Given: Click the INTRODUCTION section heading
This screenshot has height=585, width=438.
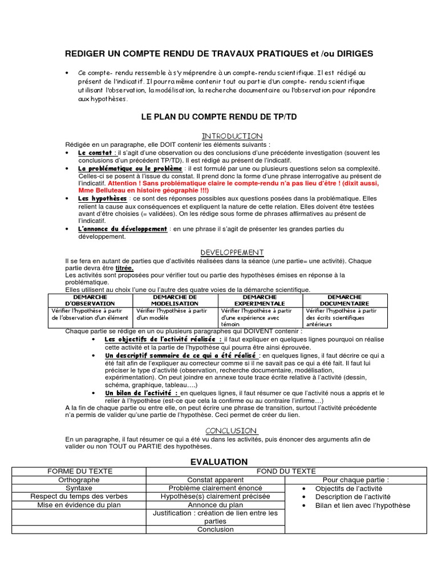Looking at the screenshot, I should [232, 136].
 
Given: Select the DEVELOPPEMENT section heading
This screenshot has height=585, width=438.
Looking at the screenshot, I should [232, 252].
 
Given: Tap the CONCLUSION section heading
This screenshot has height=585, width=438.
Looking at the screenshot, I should [232, 430].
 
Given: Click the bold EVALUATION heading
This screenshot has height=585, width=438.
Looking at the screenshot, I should [218, 462].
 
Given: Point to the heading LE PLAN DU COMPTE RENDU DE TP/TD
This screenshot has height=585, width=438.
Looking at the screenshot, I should [218, 117].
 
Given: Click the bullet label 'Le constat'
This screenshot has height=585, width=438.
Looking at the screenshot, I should [96, 153].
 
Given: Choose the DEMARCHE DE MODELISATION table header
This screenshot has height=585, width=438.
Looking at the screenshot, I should [175, 300].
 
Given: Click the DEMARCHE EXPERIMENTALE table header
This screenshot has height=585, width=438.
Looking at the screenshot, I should [259, 300].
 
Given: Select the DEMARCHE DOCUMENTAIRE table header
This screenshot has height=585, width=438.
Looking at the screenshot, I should [344, 300].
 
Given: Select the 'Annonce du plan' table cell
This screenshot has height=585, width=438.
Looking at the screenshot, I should [215, 505].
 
